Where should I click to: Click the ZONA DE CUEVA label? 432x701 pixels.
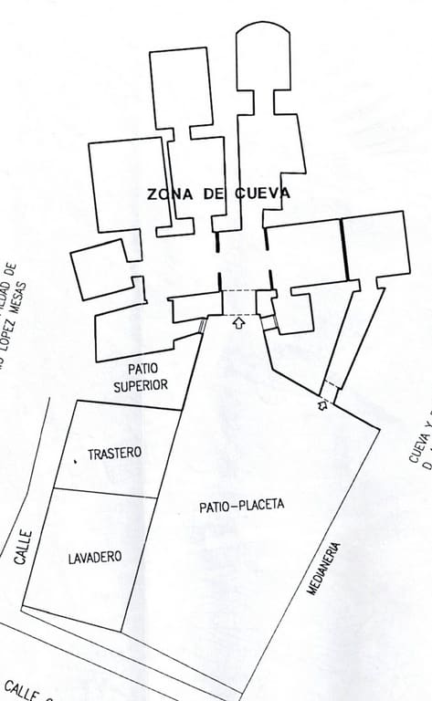[218, 194]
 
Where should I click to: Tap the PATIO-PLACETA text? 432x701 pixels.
[241, 505]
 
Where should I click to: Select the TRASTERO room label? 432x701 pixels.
[114, 453]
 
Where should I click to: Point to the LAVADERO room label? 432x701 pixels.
[95, 557]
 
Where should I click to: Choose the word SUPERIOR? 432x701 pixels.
[141, 385]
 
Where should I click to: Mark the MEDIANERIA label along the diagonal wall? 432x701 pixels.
[325, 569]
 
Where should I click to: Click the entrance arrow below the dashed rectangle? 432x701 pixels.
[239, 322]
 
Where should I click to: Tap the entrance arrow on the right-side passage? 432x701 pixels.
[322, 404]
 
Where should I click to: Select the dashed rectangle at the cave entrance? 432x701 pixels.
[240, 302]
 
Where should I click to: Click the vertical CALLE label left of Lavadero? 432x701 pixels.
[24, 547]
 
